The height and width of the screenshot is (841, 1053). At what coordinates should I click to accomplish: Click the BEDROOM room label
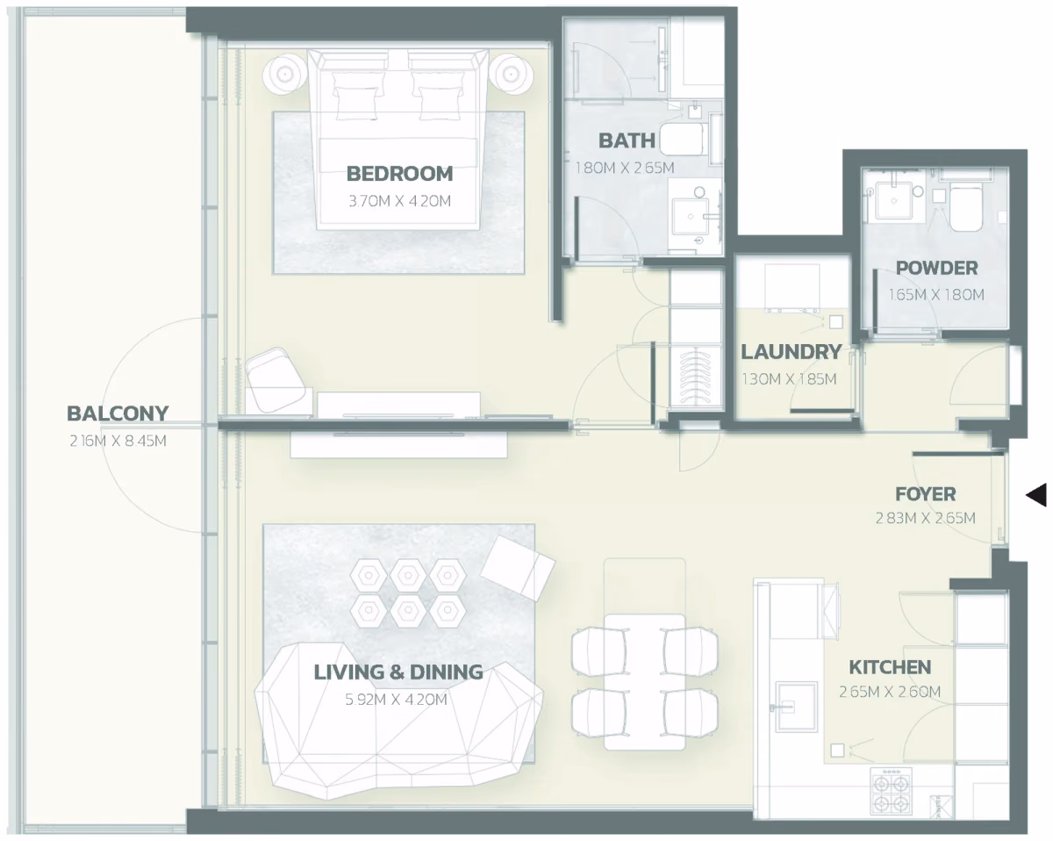(399, 174)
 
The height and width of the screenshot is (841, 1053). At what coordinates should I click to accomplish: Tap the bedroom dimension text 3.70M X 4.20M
(399, 201)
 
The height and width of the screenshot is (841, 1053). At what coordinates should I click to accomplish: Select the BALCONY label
(118, 413)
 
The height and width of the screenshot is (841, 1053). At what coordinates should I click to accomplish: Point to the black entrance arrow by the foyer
(1035, 494)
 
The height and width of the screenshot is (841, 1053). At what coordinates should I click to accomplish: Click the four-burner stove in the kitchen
(891, 794)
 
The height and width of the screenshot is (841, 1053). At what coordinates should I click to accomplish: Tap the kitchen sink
(796, 707)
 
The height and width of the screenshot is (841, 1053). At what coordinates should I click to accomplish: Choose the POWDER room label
(936, 269)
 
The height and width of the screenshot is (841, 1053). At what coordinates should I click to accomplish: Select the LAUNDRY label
(792, 352)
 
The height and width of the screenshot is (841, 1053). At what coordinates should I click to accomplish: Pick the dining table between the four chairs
(644, 682)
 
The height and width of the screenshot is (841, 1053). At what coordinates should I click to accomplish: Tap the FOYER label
(925, 494)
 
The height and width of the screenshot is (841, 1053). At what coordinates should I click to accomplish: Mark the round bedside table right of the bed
(511, 75)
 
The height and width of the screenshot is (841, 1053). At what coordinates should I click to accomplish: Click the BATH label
(627, 141)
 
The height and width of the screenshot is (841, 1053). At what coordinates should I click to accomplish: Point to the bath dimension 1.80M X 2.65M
(625, 168)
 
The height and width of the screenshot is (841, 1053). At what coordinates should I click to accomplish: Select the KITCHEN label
(890, 667)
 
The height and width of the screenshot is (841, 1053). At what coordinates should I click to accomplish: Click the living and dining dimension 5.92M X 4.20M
(397, 700)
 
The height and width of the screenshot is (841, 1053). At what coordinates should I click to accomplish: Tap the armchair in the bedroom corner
(278, 381)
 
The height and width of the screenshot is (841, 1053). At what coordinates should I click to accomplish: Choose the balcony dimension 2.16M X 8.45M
(118, 441)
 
